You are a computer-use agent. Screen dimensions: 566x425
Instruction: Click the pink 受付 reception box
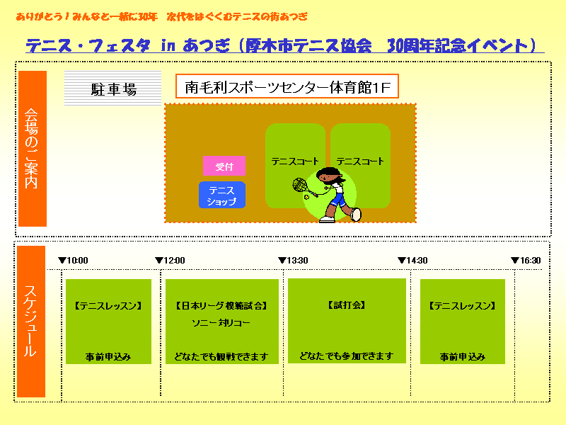(224, 166)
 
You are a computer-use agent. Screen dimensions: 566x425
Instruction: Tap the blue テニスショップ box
(222, 195)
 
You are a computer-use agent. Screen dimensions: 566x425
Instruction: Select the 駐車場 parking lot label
(113, 89)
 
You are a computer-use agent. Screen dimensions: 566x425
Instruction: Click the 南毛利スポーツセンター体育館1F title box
(287, 86)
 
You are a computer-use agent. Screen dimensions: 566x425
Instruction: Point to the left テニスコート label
(295, 161)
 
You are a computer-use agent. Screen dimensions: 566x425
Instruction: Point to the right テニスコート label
(360, 161)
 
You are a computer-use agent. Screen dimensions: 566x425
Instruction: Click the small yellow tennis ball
(306, 198)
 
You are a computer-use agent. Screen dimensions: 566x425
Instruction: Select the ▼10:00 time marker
(73, 260)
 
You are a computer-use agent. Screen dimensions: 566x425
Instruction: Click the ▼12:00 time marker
(170, 260)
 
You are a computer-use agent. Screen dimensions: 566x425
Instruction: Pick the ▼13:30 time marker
(293, 260)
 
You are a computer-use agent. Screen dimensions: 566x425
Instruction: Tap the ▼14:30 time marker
(412, 260)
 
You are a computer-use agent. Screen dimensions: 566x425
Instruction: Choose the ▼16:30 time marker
(526, 260)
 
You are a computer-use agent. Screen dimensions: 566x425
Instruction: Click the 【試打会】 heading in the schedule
(347, 305)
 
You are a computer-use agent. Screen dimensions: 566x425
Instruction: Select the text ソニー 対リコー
(221, 323)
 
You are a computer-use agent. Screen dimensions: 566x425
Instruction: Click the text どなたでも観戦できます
(221, 357)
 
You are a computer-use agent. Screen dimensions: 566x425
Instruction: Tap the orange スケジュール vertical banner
(31, 322)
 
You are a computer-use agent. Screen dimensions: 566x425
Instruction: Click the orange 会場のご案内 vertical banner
(33, 149)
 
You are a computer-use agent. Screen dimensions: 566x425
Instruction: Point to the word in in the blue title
(168, 46)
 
